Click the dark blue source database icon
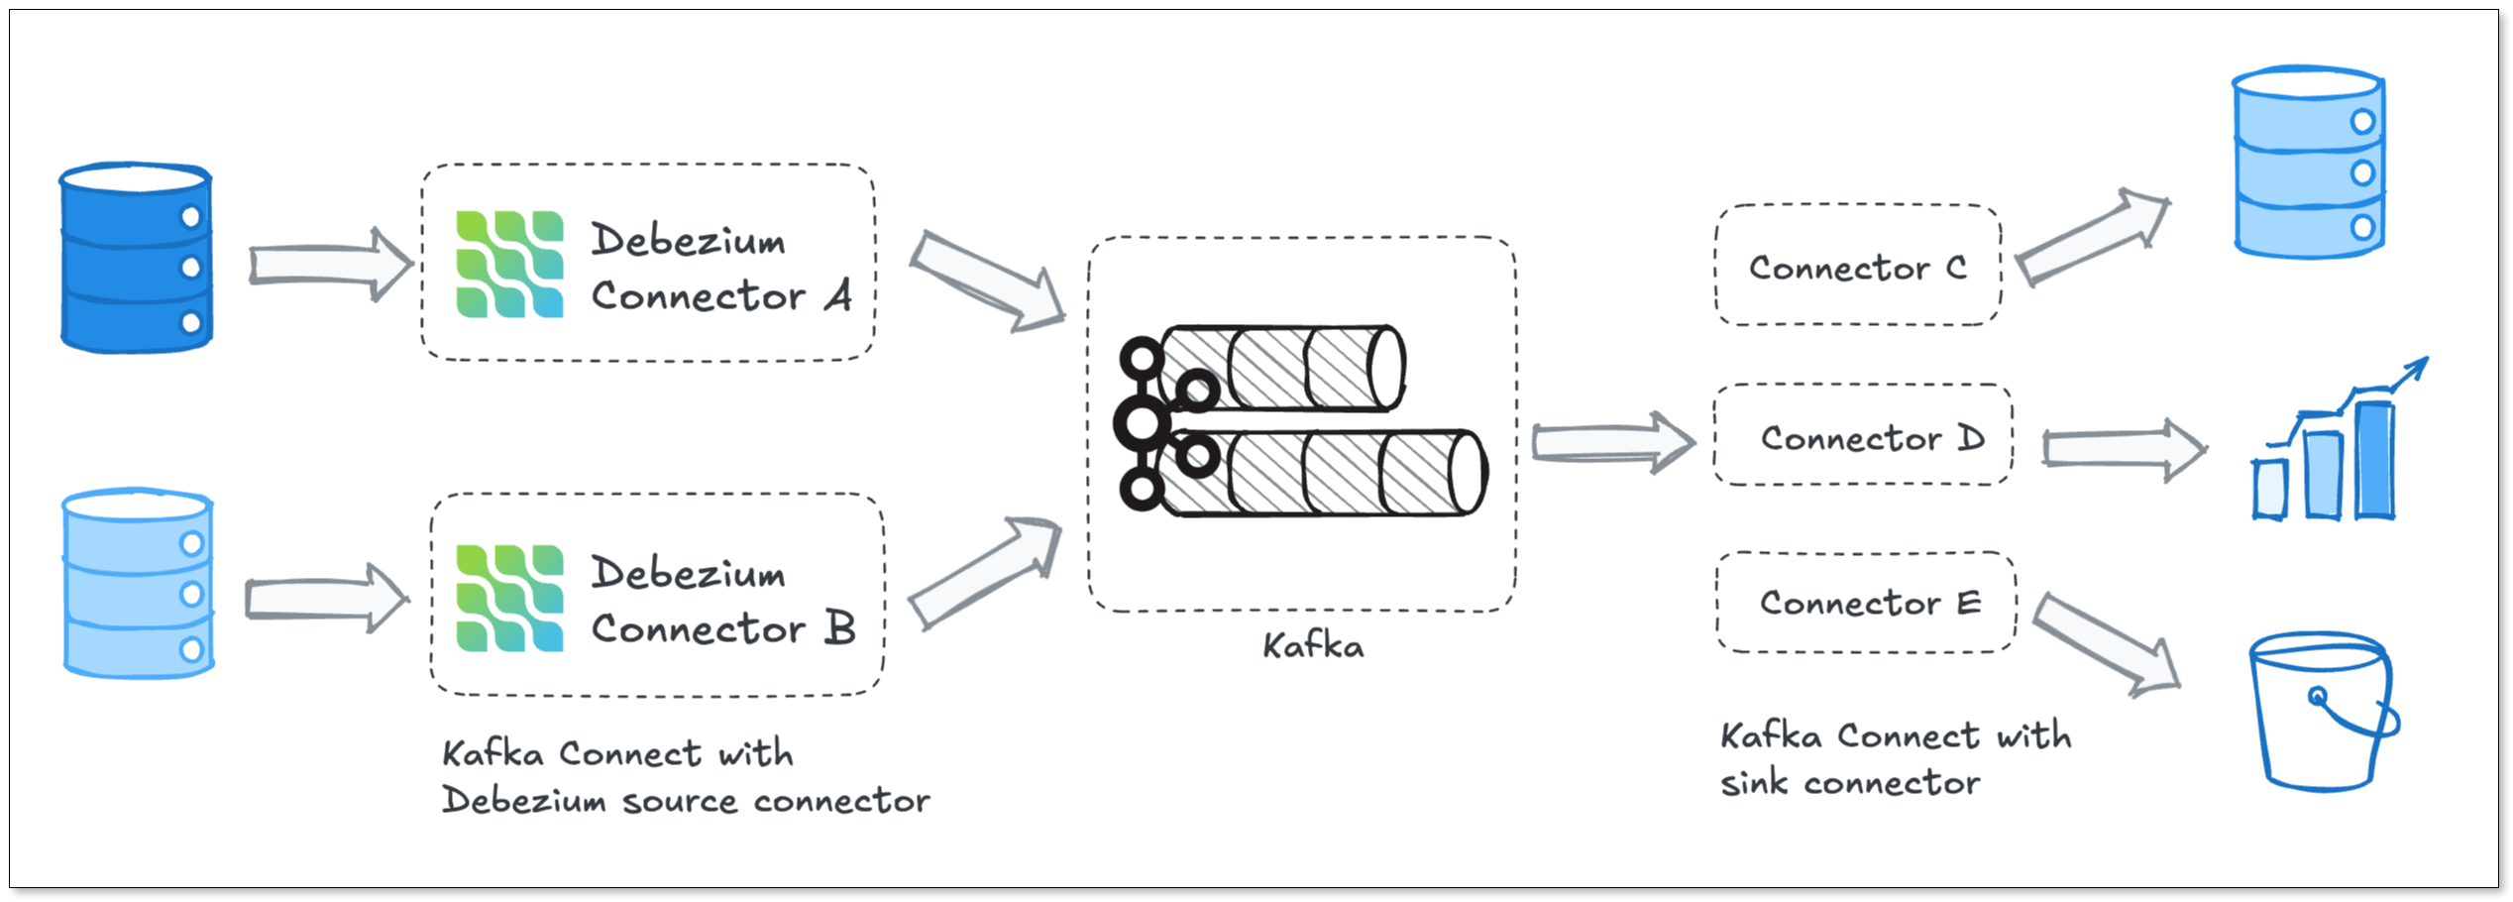pyautogui.click(x=136, y=259)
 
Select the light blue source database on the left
pyautogui.click(x=138, y=584)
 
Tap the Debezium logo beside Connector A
pyautogui.click(x=509, y=265)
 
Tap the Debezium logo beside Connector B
pyautogui.click(x=509, y=598)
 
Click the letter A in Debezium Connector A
pyautogui.click(x=838, y=295)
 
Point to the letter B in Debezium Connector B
pyautogui.click(x=840, y=628)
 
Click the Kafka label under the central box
pyautogui.click(x=1313, y=646)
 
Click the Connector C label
pyautogui.click(x=1857, y=268)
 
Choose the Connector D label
pyautogui.click(x=1872, y=438)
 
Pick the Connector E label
pyautogui.click(x=1870, y=603)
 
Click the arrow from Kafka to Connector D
pyautogui.click(x=1611, y=442)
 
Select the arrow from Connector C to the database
pyautogui.click(x=2092, y=239)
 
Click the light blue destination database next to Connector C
pyautogui.click(x=2308, y=163)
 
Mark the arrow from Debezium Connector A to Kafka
pyautogui.click(x=986, y=282)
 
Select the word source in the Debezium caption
pyautogui.click(x=679, y=801)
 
